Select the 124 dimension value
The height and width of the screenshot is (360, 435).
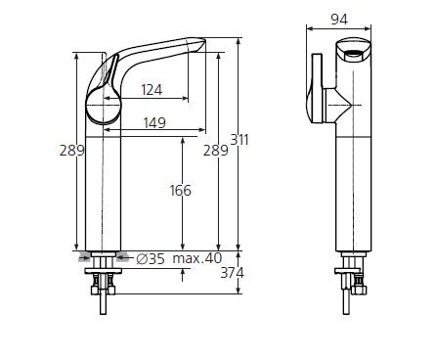151,91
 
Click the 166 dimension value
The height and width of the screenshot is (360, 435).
181,190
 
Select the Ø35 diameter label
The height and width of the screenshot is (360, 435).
150,258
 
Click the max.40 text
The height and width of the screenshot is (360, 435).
196,258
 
